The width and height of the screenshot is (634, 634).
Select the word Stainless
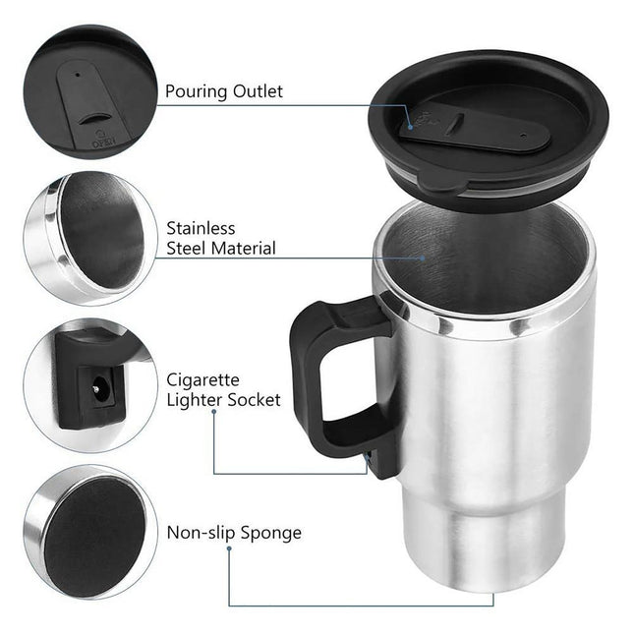pyautogui.click(x=202, y=227)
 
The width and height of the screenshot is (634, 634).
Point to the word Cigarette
pyautogui.click(x=202, y=378)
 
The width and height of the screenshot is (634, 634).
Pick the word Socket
pyautogui.click(x=253, y=400)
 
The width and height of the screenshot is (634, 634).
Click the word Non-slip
pyautogui.click(x=201, y=533)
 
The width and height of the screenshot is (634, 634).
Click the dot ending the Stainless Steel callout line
pyautogui.click(x=424, y=259)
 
